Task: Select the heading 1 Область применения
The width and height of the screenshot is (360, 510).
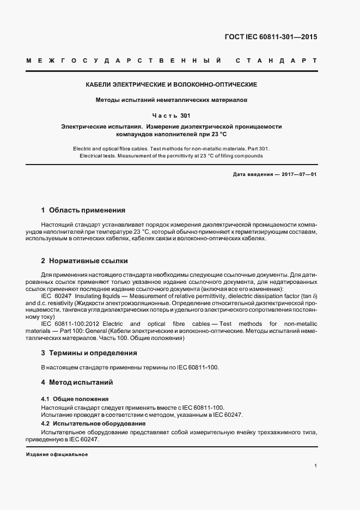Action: (83, 210)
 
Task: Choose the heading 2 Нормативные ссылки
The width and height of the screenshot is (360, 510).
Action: (84, 261)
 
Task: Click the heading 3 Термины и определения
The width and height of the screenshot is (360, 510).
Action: (89, 353)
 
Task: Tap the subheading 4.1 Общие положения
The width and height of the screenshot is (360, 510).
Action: (75, 399)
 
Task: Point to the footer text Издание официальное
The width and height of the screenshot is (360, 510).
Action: (57, 454)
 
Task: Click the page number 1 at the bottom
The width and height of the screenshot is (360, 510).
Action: (315, 466)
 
